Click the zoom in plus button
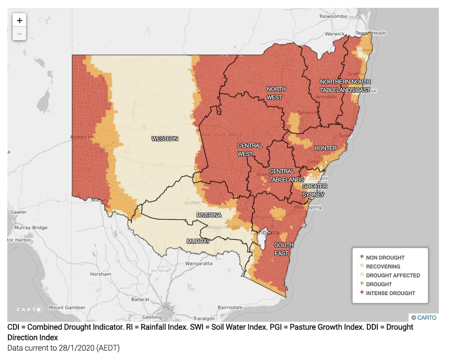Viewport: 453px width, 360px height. click(x=19, y=21)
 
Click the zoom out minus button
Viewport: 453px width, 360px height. click(x=19, y=34)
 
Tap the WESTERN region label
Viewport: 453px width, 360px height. click(x=165, y=139)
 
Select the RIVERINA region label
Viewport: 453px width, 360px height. click(x=209, y=215)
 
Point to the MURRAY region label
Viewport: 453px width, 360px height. click(x=198, y=241)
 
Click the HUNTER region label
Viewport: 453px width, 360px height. click(x=325, y=148)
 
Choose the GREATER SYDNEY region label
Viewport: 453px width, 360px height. click(x=314, y=190)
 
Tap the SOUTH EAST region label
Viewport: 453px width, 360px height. click(x=283, y=249)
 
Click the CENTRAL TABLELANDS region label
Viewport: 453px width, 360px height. click(x=286, y=175)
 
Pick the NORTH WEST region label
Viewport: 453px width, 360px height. click(x=275, y=93)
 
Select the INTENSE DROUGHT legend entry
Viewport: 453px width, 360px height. click(x=390, y=293)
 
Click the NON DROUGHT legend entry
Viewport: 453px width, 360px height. click(x=385, y=258)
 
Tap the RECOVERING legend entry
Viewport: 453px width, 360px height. click(x=383, y=267)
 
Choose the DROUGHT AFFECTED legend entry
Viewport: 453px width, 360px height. click(x=392, y=275)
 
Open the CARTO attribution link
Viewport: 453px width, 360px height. click(x=426, y=318)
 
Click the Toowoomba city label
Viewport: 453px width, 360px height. click(x=333, y=16)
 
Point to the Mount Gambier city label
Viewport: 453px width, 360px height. click(x=67, y=307)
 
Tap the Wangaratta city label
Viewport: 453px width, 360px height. click(x=199, y=263)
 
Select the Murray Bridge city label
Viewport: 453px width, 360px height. click(x=31, y=227)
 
